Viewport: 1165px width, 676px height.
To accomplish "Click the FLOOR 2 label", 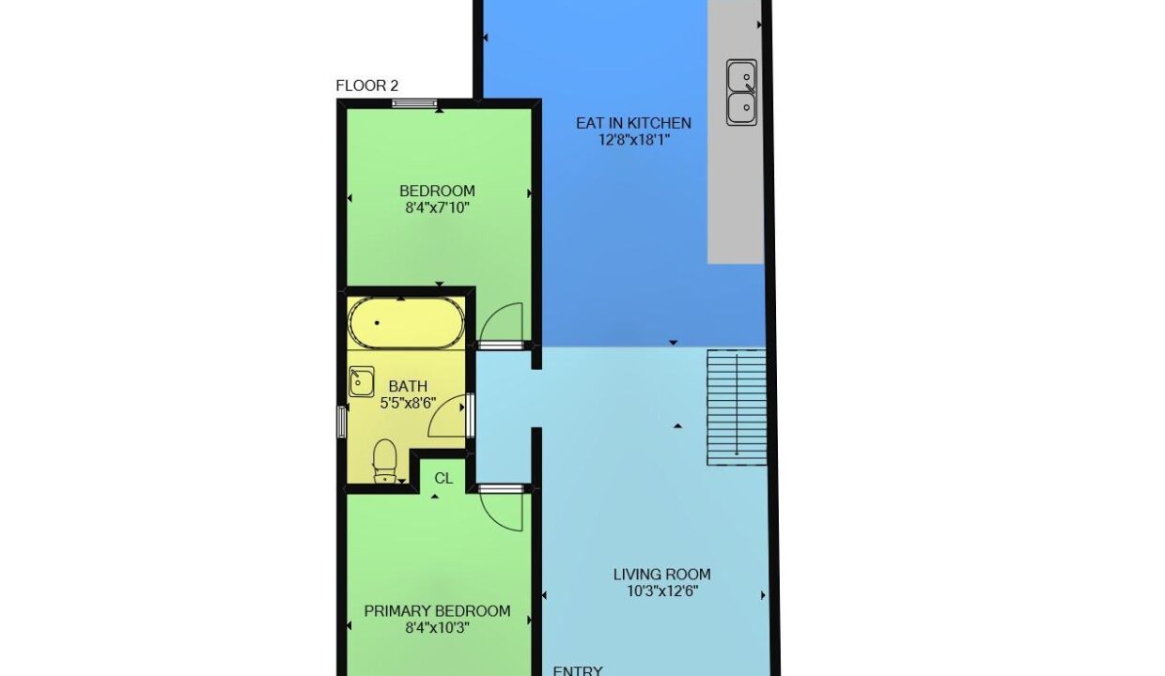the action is coord(367,85).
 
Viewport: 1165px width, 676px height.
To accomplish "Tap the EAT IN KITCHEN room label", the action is coord(633,123).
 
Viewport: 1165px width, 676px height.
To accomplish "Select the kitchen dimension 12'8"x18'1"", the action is coord(634,140).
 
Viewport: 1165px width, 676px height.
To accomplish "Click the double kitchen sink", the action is coord(741,93).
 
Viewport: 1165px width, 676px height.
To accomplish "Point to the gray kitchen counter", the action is coord(736,131).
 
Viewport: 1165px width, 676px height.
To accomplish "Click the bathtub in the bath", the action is coord(406,323).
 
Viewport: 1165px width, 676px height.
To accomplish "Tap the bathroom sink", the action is coord(361,382).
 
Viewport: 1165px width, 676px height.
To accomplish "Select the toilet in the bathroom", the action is coord(385,461).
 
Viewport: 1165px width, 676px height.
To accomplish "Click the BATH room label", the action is coord(409,387).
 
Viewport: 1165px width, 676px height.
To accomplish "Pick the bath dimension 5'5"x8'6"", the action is coord(409,403).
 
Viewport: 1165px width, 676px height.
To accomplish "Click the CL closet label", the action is coord(443,478).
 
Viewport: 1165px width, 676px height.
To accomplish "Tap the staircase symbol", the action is coord(737,407).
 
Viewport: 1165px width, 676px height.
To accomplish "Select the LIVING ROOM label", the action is coord(662,575).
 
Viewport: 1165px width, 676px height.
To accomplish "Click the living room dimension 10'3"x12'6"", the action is coord(662,591).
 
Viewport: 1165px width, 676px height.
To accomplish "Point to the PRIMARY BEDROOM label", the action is coord(438,611).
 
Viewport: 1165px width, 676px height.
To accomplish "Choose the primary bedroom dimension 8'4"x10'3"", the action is coord(438,628).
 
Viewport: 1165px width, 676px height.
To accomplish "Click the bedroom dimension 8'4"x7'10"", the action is coord(438,207).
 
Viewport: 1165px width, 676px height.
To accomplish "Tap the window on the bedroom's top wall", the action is coord(414,103).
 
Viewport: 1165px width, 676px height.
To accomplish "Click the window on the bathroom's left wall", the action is coord(342,422).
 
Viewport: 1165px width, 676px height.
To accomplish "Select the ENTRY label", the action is coord(578,670).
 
